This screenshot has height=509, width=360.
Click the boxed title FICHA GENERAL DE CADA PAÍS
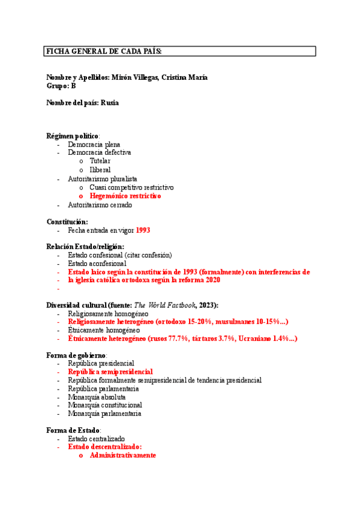[104, 52]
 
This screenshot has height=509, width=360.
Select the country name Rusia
[110, 103]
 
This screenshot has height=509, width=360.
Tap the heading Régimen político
[73, 136]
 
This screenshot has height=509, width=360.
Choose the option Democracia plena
[94, 145]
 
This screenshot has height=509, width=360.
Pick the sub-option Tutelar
[100, 161]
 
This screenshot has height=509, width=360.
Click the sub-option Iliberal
[100, 170]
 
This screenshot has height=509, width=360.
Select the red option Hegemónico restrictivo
[125, 196]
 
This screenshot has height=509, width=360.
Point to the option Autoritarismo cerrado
[100, 205]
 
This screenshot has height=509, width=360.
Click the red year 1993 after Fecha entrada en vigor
[143, 230]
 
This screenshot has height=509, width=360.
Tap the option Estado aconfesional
[97, 263]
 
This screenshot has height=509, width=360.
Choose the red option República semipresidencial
[110, 372]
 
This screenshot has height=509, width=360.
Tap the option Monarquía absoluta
[97, 397]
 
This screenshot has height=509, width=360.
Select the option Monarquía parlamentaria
[104, 414]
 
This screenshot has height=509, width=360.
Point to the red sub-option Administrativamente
[123, 456]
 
